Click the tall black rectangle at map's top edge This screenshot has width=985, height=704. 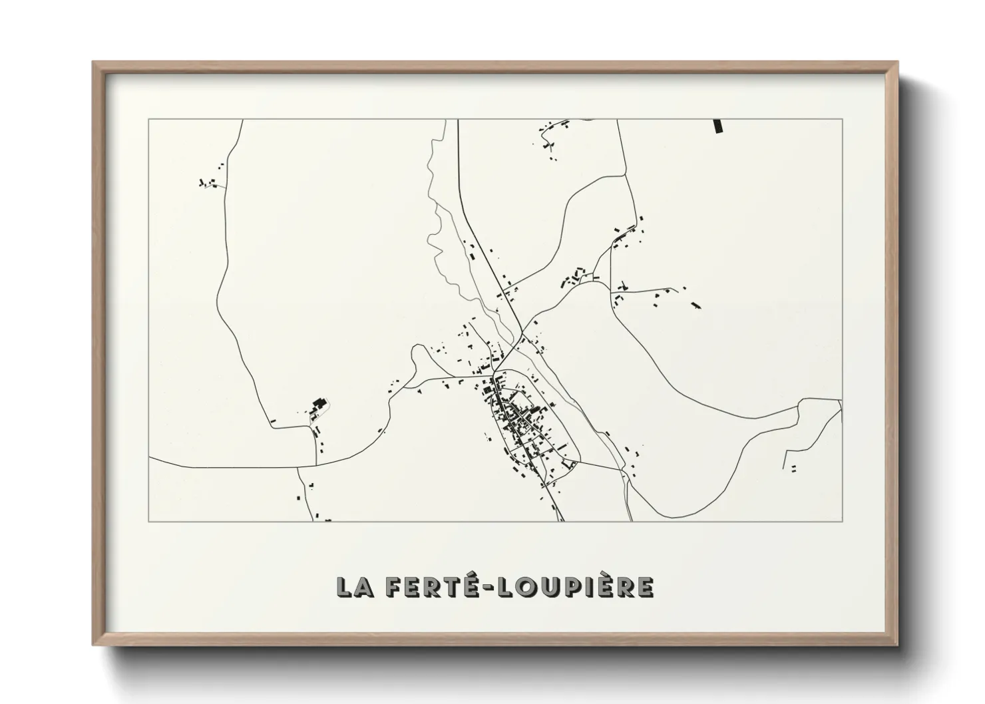point(717,126)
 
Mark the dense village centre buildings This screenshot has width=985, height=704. point(519,419)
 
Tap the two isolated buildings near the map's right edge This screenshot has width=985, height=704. point(793,468)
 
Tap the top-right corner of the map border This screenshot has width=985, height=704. point(842,120)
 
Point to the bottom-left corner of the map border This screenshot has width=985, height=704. point(149,521)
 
